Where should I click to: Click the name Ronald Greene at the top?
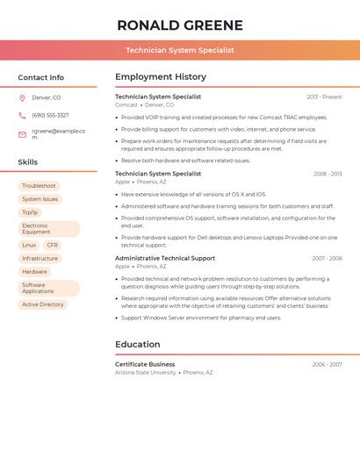click(x=180, y=25)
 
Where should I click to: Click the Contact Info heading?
click(x=40, y=77)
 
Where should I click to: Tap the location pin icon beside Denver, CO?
click(x=22, y=98)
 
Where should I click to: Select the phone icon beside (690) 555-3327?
click(x=22, y=115)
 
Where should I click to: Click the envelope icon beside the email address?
click(x=22, y=134)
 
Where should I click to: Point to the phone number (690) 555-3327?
click(x=50, y=115)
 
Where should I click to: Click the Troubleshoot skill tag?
click(x=39, y=186)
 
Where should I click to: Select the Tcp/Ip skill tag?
click(x=30, y=212)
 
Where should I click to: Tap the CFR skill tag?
click(x=53, y=246)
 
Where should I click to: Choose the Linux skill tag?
click(x=29, y=246)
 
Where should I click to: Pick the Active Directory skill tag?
click(x=43, y=304)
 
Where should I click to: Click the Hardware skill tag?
click(x=34, y=272)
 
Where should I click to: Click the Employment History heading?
click(x=161, y=77)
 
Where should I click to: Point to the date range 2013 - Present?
click(x=324, y=97)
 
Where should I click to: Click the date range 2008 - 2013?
click(x=328, y=174)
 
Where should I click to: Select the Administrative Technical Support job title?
click(x=165, y=258)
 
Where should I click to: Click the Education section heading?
click(x=137, y=345)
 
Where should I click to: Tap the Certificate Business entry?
click(x=145, y=364)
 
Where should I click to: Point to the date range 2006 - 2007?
click(x=327, y=364)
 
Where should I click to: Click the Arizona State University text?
click(x=145, y=373)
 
